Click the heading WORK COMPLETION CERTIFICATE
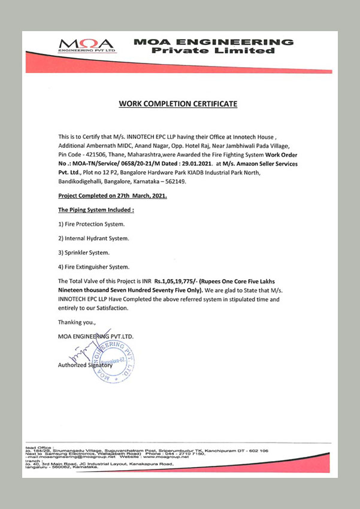(x=178, y=104)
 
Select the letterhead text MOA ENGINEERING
(x=214, y=42)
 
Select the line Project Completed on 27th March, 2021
(x=113, y=196)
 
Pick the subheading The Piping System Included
(x=96, y=210)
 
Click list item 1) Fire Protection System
(x=92, y=224)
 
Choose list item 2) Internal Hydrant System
(x=93, y=238)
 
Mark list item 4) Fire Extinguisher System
(x=93, y=266)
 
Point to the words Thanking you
(x=77, y=322)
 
